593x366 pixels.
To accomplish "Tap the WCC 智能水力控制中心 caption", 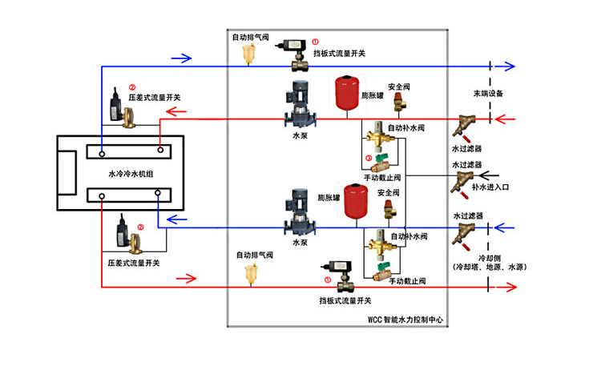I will (x=405, y=319).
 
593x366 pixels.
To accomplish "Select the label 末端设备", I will (x=487, y=94).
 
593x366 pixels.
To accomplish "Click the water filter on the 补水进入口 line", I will (x=463, y=180).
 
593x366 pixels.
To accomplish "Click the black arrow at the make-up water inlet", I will (x=489, y=174).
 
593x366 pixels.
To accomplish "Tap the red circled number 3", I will (x=369, y=158).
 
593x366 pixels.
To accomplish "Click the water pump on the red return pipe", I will (x=294, y=107).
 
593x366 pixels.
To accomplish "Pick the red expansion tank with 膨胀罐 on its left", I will (x=356, y=201).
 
